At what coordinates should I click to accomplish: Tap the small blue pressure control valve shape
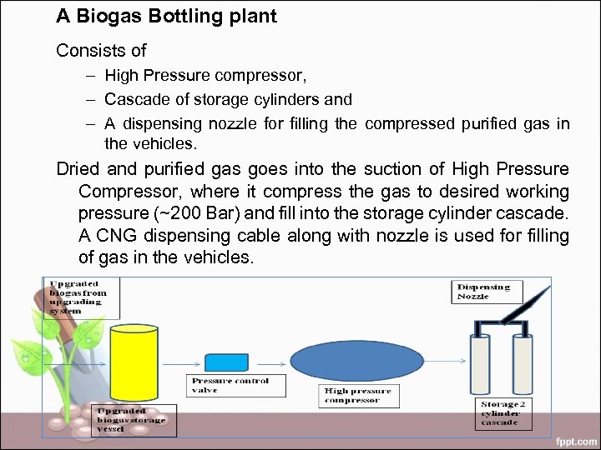[226, 363]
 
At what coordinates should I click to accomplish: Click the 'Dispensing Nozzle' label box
[488, 292]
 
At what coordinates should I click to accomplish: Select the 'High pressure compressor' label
[358, 395]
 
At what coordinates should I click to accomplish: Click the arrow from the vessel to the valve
[182, 363]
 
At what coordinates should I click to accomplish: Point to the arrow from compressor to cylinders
[442, 363]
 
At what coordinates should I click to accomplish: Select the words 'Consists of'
[101, 51]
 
